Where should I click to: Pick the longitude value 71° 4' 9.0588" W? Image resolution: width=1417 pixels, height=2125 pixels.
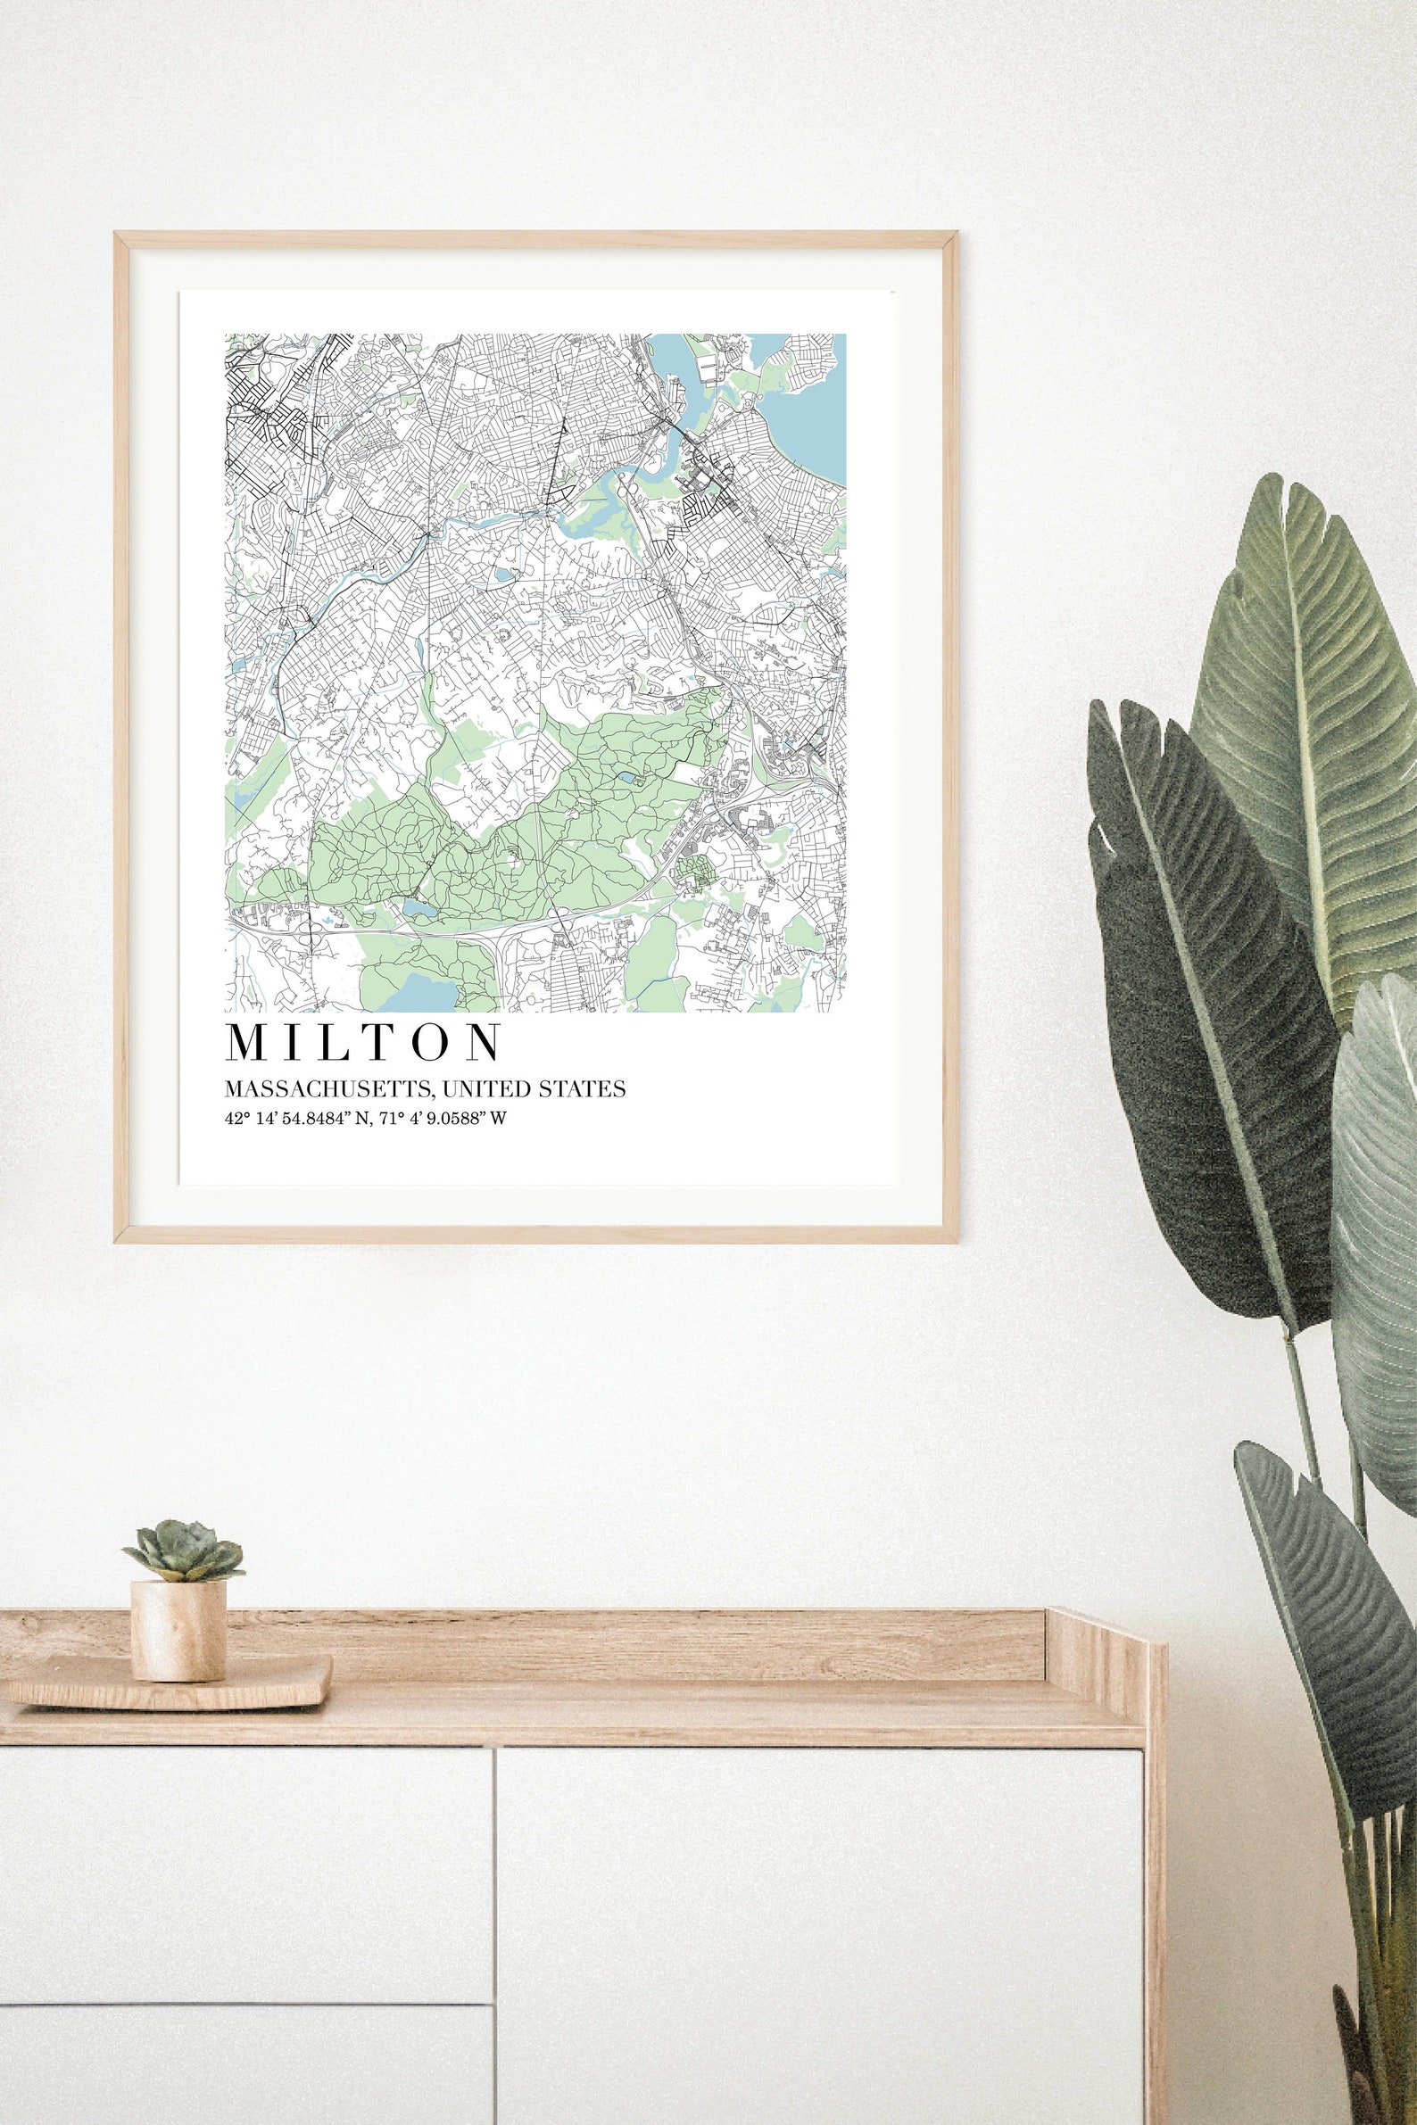436,1120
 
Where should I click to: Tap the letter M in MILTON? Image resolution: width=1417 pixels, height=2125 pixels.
245,1042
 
